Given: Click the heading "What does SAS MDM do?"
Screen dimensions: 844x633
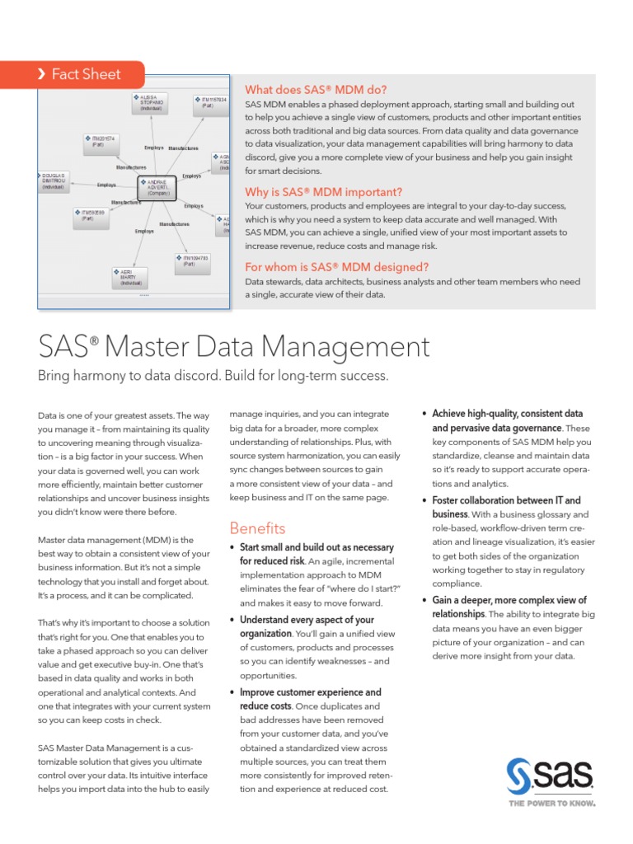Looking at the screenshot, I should [x=316, y=89].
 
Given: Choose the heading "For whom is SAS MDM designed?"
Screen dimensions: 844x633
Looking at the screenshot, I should [x=336, y=267].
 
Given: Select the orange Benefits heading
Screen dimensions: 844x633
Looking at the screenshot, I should [x=257, y=528].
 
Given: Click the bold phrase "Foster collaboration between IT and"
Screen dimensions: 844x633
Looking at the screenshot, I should [x=506, y=500].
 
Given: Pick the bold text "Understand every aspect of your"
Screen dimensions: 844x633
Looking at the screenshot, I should [x=307, y=620].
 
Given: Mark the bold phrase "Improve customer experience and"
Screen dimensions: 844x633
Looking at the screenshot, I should [x=310, y=692].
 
